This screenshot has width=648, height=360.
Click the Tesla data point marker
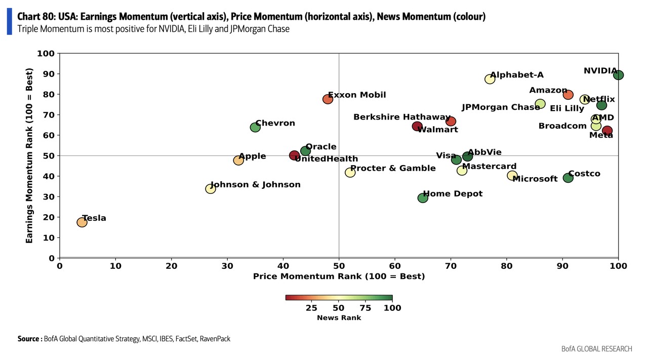tap(82, 222)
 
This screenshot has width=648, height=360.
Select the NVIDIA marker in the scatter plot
tap(618, 75)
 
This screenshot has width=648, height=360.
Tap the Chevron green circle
tap(255, 127)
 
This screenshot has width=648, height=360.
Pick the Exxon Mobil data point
tap(328, 99)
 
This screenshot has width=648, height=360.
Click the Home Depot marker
tap(423, 198)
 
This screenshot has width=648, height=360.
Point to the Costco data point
tap(568, 178)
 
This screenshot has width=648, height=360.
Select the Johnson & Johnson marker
tap(211, 189)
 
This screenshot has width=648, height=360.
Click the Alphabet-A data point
tap(490, 79)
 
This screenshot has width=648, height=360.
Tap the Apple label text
tap(252, 156)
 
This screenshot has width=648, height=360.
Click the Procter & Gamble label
tap(393, 168)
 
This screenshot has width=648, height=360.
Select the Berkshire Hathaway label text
tap(401, 117)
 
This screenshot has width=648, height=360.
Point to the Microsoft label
tap(535, 179)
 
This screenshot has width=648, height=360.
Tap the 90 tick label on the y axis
tap(49, 74)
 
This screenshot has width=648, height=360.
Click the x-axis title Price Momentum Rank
tap(339, 276)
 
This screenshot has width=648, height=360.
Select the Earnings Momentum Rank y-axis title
tap(29, 155)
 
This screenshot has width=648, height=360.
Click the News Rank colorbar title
tap(339, 317)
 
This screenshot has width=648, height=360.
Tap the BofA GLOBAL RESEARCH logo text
tap(596, 349)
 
